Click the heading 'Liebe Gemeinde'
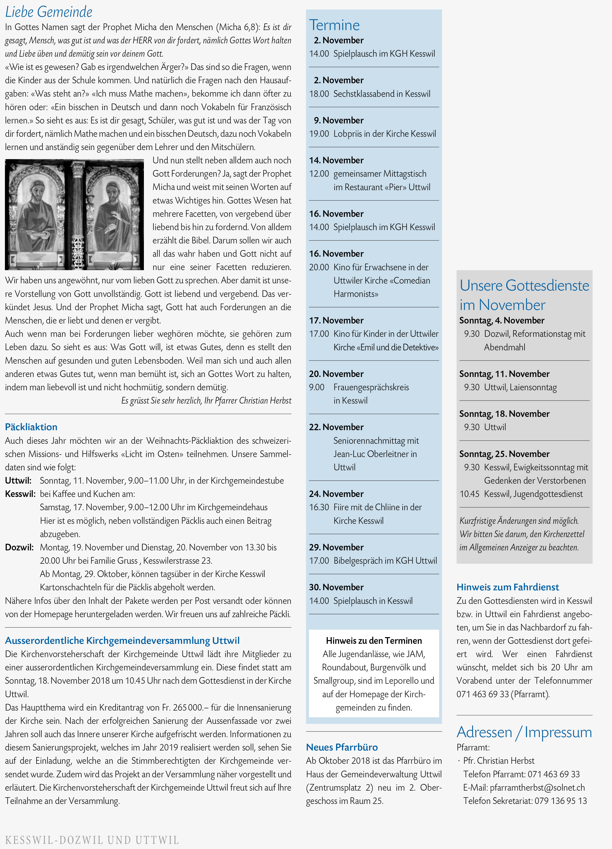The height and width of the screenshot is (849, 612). click(49, 12)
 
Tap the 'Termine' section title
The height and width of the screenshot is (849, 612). click(334, 25)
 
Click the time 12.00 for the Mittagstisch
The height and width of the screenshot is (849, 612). click(319, 174)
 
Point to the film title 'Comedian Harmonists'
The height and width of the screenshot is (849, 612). click(382, 287)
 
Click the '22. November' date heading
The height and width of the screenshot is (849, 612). click(336, 427)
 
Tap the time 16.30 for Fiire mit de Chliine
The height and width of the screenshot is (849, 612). click(319, 507)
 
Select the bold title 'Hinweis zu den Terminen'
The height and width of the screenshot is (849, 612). click(374, 641)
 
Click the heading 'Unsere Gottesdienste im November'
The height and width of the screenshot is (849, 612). click(524, 295)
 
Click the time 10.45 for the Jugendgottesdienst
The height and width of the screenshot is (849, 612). click(469, 494)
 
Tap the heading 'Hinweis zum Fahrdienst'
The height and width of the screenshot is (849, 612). click(508, 587)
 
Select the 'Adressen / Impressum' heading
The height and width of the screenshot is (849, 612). click(524, 732)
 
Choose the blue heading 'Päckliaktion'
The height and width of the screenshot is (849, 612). click(31, 427)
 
